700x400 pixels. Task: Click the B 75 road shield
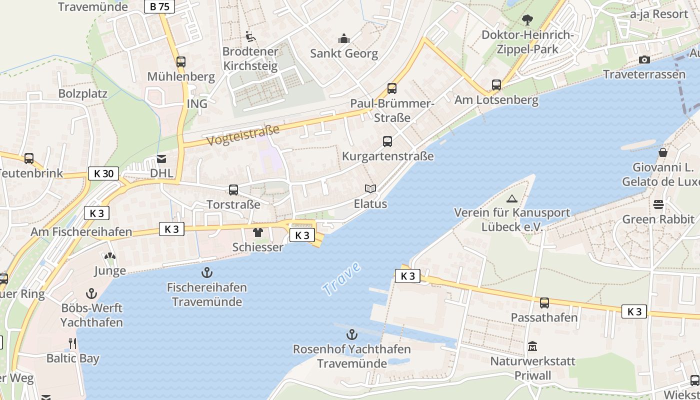tap(159, 6)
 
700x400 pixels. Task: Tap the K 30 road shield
tap(103, 173)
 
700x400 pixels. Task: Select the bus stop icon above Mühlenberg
tap(181, 62)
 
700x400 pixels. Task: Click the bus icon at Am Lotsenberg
tap(496, 85)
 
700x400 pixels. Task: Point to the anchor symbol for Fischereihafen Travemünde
tap(206, 272)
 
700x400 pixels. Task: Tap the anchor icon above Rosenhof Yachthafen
tap(352, 334)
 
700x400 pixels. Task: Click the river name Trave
tap(341, 278)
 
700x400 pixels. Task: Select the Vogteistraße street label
tap(243, 135)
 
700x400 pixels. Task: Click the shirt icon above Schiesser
tap(257, 232)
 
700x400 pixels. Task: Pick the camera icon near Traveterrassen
tap(644, 60)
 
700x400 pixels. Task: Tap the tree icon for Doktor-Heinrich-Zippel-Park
tap(527, 20)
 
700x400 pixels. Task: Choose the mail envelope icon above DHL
tap(161, 159)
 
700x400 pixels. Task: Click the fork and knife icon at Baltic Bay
tap(72, 343)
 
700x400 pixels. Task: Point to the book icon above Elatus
tap(370, 189)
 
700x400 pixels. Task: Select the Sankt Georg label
tap(344, 53)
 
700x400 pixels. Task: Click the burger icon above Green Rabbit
tap(658, 204)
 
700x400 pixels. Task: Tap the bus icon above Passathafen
tap(544, 302)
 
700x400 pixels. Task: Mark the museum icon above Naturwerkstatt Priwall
tap(532, 346)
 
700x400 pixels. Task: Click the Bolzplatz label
tap(83, 93)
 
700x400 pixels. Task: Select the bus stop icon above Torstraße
tap(233, 190)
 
